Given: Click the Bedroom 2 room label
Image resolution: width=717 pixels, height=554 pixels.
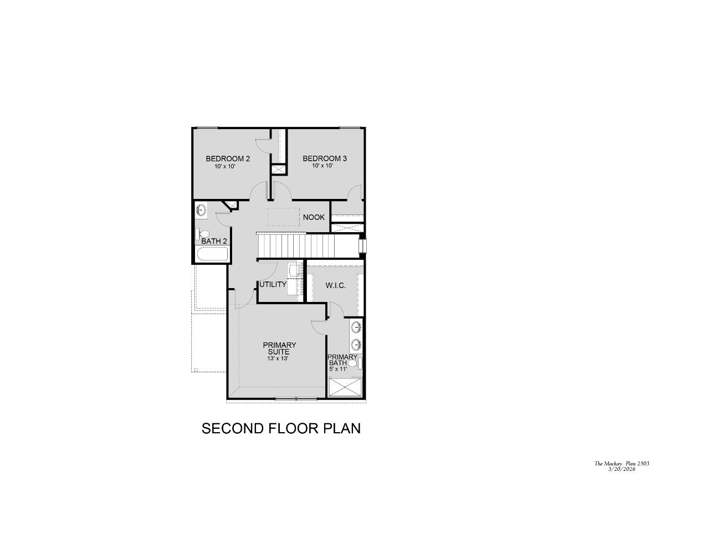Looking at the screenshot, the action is pyautogui.click(x=228, y=158).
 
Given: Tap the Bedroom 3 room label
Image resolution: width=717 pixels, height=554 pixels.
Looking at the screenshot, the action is pyautogui.click(x=325, y=158).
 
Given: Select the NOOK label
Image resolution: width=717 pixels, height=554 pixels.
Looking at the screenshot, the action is pyautogui.click(x=314, y=217).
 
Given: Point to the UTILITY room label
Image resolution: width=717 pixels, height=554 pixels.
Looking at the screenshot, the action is pyautogui.click(x=273, y=284).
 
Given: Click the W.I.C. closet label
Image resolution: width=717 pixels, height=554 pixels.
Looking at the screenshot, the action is pyautogui.click(x=336, y=285).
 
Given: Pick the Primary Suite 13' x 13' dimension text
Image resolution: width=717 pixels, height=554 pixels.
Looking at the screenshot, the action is pyautogui.click(x=278, y=358).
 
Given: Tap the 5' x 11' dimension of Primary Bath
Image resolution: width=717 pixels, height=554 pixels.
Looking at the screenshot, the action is pyautogui.click(x=338, y=369).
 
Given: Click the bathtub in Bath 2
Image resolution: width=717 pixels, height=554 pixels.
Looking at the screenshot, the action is pyautogui.click(x=212, y=254).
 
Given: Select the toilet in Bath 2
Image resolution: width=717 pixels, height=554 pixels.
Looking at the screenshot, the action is pyautogui.click(x=202, y=234).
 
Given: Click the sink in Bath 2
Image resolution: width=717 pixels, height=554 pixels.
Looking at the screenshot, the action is pyautogui.click(x=201, y=210).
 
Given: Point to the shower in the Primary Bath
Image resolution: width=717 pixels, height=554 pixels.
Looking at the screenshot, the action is pyautogui.click(x=345, y=387).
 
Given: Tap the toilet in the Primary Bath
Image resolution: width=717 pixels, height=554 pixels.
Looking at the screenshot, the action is pyautogui.click(x=355, y=363).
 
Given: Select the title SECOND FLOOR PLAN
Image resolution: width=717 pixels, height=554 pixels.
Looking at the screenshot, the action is pyautogui.click(x=281, y=428).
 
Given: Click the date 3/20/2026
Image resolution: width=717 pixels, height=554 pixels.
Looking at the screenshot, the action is pyautogui.click(x=622, y=469).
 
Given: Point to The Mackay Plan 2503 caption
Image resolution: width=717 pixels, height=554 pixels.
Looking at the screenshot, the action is pyautogui.click(x=622, y=463).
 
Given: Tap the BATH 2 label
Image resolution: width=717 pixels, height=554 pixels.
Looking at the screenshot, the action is pyautogui.click(x=214, y=241).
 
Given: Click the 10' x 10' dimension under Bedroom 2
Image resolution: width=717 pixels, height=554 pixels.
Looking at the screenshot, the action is pyautogui.click(x=225, y=167).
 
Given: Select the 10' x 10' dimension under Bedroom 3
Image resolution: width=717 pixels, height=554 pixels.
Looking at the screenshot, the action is pyautogui.click(x=322, y=166).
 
